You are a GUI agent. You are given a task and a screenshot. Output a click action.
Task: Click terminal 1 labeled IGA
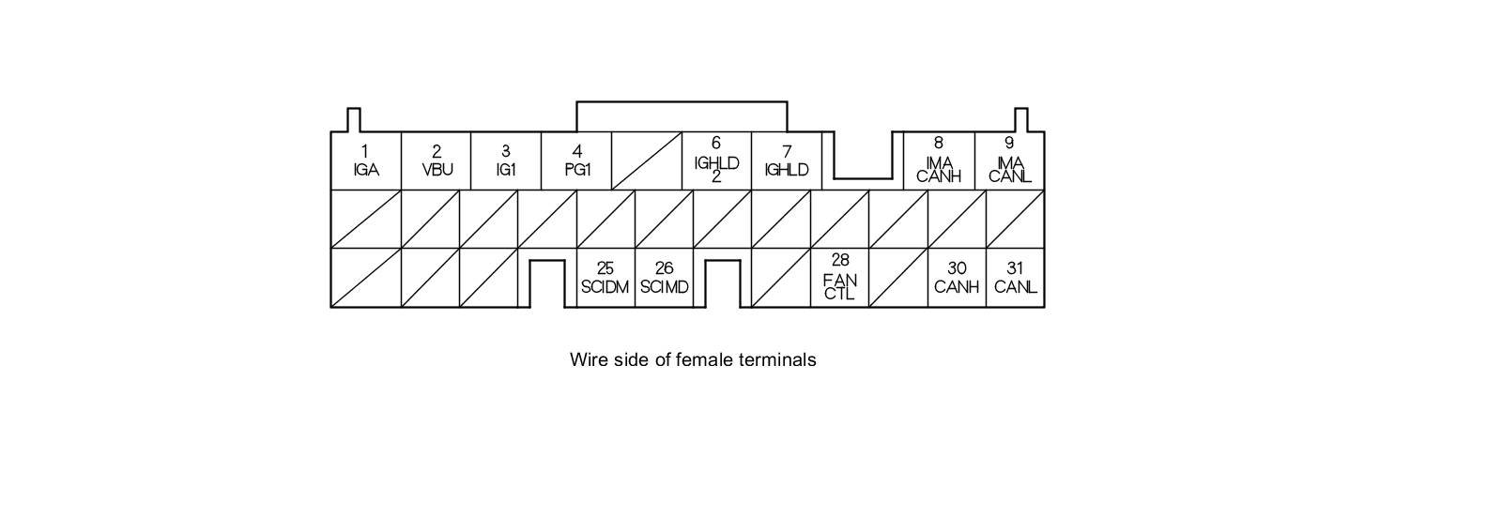click(x=366, y=160)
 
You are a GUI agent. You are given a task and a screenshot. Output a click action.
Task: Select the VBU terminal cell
click(x=436, y=160)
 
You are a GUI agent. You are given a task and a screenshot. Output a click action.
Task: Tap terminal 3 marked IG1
click(x=506, y=160)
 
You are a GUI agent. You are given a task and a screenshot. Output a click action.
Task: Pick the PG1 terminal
click(x=576, y=160)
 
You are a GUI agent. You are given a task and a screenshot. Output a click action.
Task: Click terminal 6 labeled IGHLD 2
click(x=717, y=160)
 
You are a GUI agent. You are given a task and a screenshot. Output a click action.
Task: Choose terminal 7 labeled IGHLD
click(x=788, y=160)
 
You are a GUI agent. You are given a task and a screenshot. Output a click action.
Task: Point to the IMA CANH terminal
click(x=939, y=160)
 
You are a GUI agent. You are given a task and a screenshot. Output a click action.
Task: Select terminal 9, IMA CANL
click(x=1009, y=160)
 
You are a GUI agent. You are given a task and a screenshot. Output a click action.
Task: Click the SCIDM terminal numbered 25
click(x=605, y=278)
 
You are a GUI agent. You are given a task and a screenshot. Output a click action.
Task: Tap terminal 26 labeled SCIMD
click(x=665, y=278)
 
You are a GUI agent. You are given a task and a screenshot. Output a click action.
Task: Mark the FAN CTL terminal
click(x=840, y=278)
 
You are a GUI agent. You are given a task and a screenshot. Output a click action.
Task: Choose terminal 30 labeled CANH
click(x=957, y=278)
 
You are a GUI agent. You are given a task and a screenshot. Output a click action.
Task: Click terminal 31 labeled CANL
click(x=1015, y=278)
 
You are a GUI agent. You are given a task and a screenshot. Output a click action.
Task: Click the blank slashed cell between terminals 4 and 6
click(x=647, y=160)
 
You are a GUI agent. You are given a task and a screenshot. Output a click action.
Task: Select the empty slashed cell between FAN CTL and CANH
click(x=898, y=278)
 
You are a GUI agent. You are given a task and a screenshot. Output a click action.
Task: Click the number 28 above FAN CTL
click(x=840, y=260)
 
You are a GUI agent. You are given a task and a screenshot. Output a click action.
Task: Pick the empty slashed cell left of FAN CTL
click(x=781, y=278)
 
